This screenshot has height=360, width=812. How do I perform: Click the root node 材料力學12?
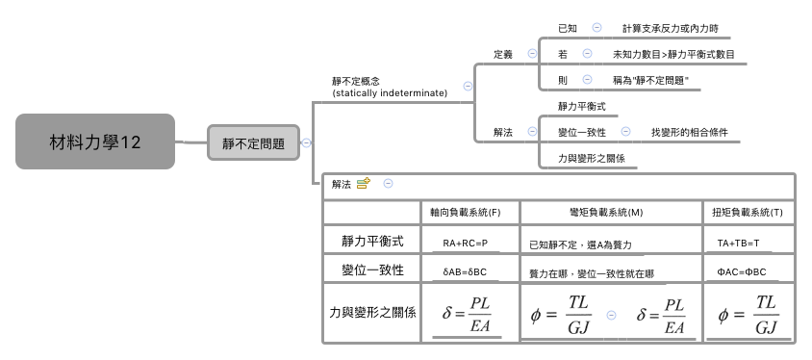(95, 142)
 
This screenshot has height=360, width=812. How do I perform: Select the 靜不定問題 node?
(253, 143)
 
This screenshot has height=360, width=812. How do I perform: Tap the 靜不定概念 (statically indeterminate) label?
(389, 87)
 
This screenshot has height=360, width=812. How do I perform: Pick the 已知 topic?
(568, 29)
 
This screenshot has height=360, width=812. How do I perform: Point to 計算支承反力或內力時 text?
(670, 29)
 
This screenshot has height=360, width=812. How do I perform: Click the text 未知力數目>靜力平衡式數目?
(673, 55)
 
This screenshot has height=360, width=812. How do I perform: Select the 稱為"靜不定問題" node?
(651, 80)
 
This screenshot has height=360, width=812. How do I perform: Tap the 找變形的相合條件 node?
(689, 131)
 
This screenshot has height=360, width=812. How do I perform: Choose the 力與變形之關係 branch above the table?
(591, 157)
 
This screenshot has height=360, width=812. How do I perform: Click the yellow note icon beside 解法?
(364, 183)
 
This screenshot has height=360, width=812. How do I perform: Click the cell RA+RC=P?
(465, 244)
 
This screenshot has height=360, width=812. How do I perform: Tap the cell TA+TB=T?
(740, 244)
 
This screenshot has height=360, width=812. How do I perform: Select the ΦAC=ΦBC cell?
(742, 272)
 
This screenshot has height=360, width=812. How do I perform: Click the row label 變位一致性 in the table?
(366, 270)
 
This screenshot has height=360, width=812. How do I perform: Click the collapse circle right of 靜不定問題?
(306, 143)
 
